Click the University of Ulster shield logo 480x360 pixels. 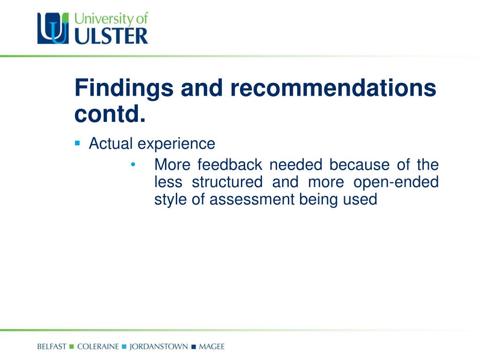tap(53, 28)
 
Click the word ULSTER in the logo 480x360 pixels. tap(111, 37)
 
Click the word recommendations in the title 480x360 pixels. tap(333, 88)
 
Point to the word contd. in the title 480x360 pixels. tap(110, 114)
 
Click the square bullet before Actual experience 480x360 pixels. tap(77, 143)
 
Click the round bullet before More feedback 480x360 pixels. tap(133, 165)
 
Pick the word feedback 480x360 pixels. tap(230, 165)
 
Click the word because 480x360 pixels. tap(360, 165)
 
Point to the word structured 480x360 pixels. tap(227, 182)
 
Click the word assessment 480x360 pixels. tap(252, 199)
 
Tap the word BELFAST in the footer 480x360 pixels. tap(52, 346)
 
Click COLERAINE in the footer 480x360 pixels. tap(98, 346)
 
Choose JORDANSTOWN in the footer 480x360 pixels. tap(158, 347)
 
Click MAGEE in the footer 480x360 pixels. tap(212, 346)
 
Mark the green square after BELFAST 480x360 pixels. tap(72, 346)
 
